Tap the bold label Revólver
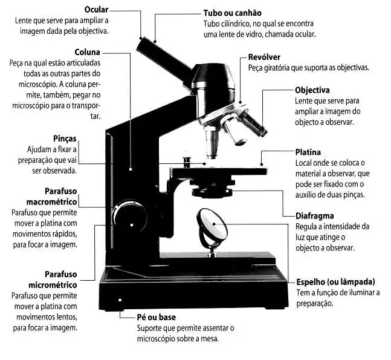[265, 57]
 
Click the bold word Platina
[308, 152]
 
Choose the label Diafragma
[314, 215]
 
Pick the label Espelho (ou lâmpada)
[335, 282]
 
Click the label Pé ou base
[157, 316]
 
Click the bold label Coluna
[87, 52]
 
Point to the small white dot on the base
[120, 299]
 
